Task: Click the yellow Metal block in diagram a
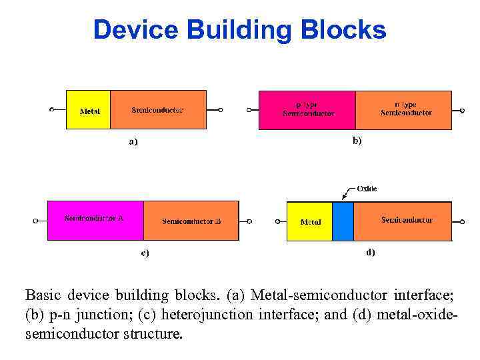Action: click(89, 109)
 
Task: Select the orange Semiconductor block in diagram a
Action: click(158, 109)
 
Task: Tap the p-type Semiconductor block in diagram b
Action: click(307, 109)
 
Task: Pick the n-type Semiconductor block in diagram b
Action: click(403, 109)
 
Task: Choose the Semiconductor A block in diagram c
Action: click(95, 220)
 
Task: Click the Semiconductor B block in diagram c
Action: click(191, 220)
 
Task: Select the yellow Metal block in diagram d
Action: click(309, 221)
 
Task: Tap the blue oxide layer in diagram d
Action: click(343, 221)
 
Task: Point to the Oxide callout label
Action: click(367, 189)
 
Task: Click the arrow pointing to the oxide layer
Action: click(347, 194)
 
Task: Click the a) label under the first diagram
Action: click(133, 141)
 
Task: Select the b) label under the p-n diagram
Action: click(357, 141)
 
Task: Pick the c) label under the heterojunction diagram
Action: click(145, 253)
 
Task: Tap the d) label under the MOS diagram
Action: click(371, 252)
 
